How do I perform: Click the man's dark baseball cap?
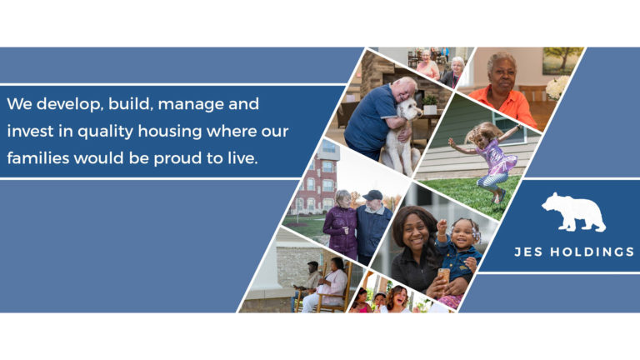point(372,195)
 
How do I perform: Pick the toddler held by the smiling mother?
point(457,246)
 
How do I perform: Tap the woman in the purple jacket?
point(342,223)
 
